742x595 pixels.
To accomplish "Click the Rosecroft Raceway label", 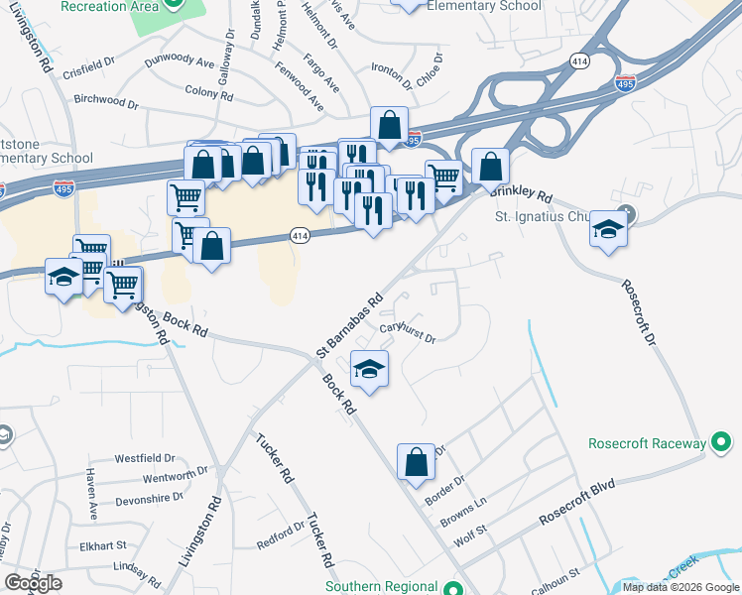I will coord(645,443).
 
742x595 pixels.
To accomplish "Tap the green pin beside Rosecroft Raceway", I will coord(721,442).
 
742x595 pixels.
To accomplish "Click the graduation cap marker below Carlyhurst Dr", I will coord(370,370).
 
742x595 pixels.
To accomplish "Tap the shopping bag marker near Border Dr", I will coord(416,462).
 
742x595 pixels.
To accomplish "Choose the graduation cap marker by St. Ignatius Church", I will coord(607,230).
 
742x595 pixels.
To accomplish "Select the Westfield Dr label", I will coord(144,459).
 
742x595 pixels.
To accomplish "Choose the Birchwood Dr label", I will coord(106,101).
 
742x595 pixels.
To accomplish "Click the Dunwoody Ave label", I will coord(180,62).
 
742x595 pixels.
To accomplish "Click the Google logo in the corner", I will coord(33,583).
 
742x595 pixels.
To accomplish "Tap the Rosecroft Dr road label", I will coord(639,313).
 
